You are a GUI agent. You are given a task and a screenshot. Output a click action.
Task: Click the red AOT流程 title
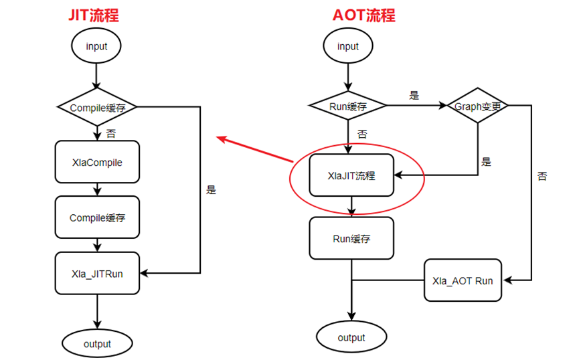[x=363, y=15]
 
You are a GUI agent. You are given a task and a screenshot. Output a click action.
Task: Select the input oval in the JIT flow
[x=96, y=47]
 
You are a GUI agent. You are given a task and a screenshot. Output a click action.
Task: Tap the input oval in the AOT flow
[x=348, y=47]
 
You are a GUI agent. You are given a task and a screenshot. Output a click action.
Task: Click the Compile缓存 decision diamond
[x=97, y=106]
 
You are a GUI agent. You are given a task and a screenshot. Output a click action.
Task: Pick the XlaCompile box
[x=97, y=162]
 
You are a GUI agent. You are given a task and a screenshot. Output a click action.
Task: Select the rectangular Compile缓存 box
[x=97, y=217]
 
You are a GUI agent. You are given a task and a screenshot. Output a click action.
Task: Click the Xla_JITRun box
[x=97, y=274]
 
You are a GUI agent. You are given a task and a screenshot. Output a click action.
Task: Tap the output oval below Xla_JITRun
[x=97, y=344]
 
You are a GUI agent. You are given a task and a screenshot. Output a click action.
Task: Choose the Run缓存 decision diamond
[x=348, y=106]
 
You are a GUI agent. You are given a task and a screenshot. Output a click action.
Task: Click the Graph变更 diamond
[x=477, y=106]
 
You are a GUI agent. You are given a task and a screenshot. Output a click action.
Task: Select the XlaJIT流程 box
[x=351, y=176]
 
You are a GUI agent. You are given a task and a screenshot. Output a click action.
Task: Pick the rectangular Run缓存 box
[x=351, y=238]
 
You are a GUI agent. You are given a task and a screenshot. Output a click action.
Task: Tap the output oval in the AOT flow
[x=351, y=337]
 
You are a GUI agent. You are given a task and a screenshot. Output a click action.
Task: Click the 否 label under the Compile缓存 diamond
[x=110, y=133]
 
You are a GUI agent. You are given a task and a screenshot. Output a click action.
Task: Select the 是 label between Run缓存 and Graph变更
[x=414, y=95]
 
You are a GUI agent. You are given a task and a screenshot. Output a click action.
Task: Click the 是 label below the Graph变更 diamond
[x=486, y=162]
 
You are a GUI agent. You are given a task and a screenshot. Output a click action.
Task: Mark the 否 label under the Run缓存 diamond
[x=362, y=134]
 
